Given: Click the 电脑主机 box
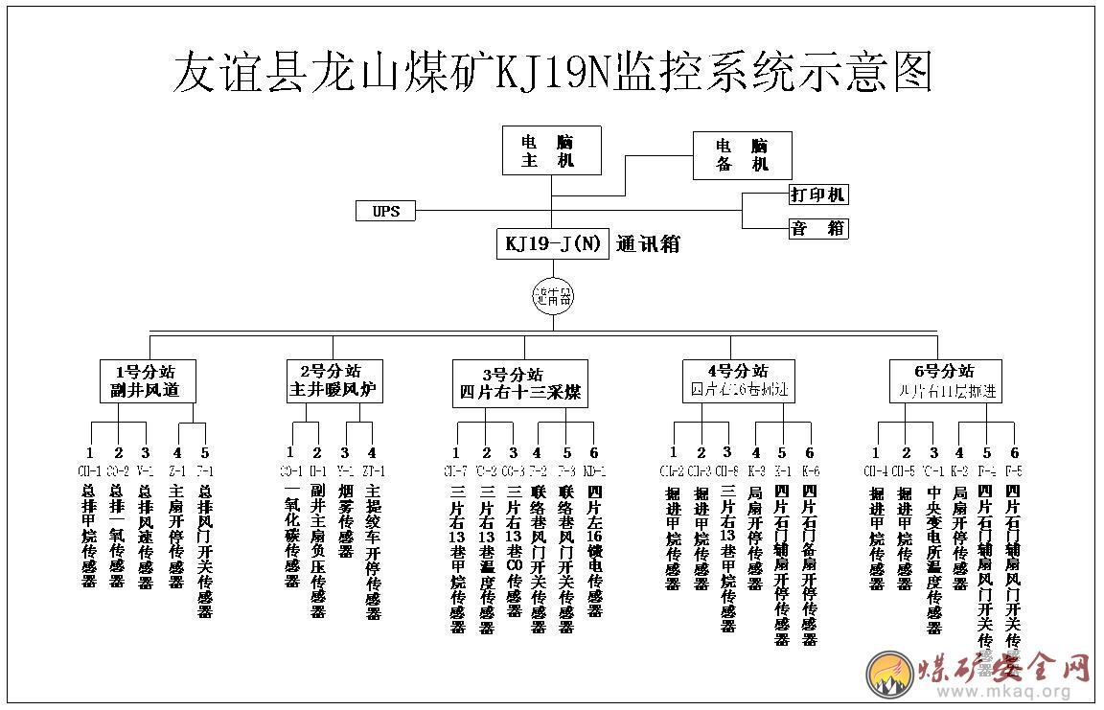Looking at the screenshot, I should pos(552,150).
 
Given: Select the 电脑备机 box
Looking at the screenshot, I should pos(743,155).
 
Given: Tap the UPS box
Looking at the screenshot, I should pos(385,211).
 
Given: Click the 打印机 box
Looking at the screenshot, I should pos(817,195).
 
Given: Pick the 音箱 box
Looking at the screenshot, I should pos(817,228).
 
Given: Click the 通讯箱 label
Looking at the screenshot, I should pos(649,243).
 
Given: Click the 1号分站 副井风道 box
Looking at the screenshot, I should pos(149,380).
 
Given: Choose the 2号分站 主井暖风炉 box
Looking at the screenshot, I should pos(335,380).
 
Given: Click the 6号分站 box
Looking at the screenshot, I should pos(944,380).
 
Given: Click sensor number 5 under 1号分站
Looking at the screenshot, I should pos(204,452).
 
